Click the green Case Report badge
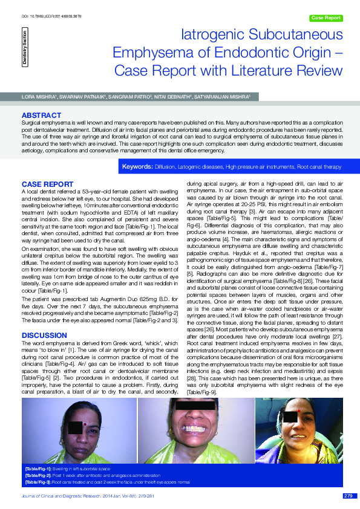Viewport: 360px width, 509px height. [326, 18]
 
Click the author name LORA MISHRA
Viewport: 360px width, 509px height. [38, 96]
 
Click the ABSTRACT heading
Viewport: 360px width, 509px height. [41, 115]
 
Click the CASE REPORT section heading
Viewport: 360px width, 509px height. [48, 183]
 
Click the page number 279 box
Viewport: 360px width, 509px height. [347, 496]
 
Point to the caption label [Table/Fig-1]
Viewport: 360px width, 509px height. [38, 468]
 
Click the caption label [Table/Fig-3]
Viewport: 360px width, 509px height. [38, 482]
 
